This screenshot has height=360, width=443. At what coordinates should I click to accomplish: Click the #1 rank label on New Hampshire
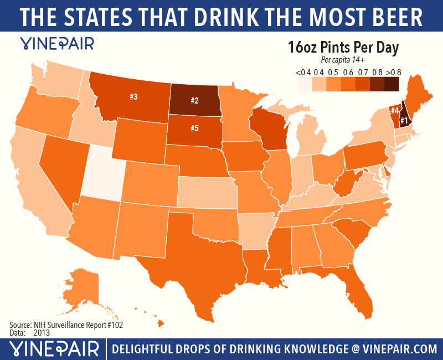coord(404,120)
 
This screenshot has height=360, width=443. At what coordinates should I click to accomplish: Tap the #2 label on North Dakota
coord(194,100)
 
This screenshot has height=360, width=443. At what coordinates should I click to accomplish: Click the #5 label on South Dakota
coord(194,128)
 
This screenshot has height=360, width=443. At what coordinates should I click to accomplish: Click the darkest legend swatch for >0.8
coord(391,84)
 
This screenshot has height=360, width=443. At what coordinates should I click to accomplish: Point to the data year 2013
coord(42,333)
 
